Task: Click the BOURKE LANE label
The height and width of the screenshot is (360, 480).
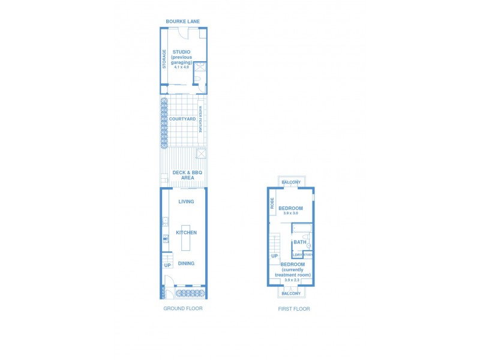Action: point(183,22)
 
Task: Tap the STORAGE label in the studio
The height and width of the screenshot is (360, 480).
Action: point(164,58)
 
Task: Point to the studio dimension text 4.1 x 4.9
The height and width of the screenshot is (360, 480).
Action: point(182,67)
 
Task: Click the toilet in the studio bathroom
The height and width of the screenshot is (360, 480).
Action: point(201,87)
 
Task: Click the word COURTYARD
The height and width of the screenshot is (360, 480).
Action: point(182,119)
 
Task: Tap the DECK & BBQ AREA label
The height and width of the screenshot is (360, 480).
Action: point(187,175)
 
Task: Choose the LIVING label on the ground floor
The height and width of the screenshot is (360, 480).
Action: point(186,202)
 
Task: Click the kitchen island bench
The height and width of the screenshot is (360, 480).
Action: point(186,238)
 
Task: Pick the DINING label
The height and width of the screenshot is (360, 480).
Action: point(186,263)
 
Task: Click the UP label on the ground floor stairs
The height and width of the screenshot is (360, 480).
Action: point(167,265)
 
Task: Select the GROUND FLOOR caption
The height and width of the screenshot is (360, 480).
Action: point(183,308)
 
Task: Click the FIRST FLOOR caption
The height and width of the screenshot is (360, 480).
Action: point(294,309)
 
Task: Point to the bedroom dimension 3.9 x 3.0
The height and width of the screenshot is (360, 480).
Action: point(291,214)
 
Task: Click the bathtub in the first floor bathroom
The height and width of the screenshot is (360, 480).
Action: point(302,228)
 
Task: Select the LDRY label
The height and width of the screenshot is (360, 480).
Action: point(297,255)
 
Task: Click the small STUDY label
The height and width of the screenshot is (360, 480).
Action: point(308,254)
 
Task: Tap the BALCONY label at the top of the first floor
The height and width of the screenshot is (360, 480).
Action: point(291,182)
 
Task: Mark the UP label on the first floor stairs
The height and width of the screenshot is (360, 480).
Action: point(274,256)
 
